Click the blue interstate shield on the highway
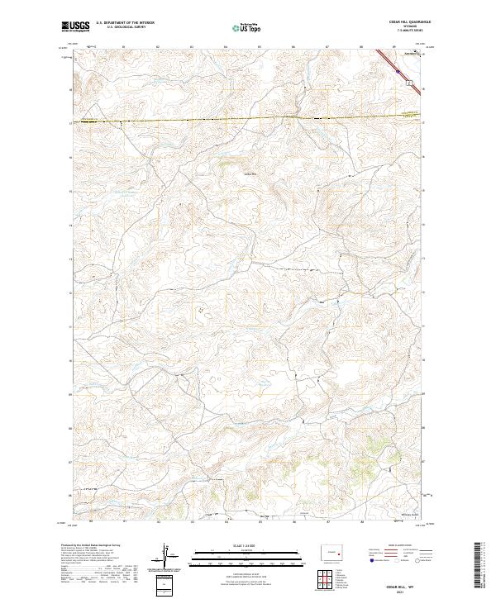click(398, 72)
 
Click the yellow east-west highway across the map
click(248, 120)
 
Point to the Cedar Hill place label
click(249, 174)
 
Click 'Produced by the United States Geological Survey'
click(86, 546)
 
